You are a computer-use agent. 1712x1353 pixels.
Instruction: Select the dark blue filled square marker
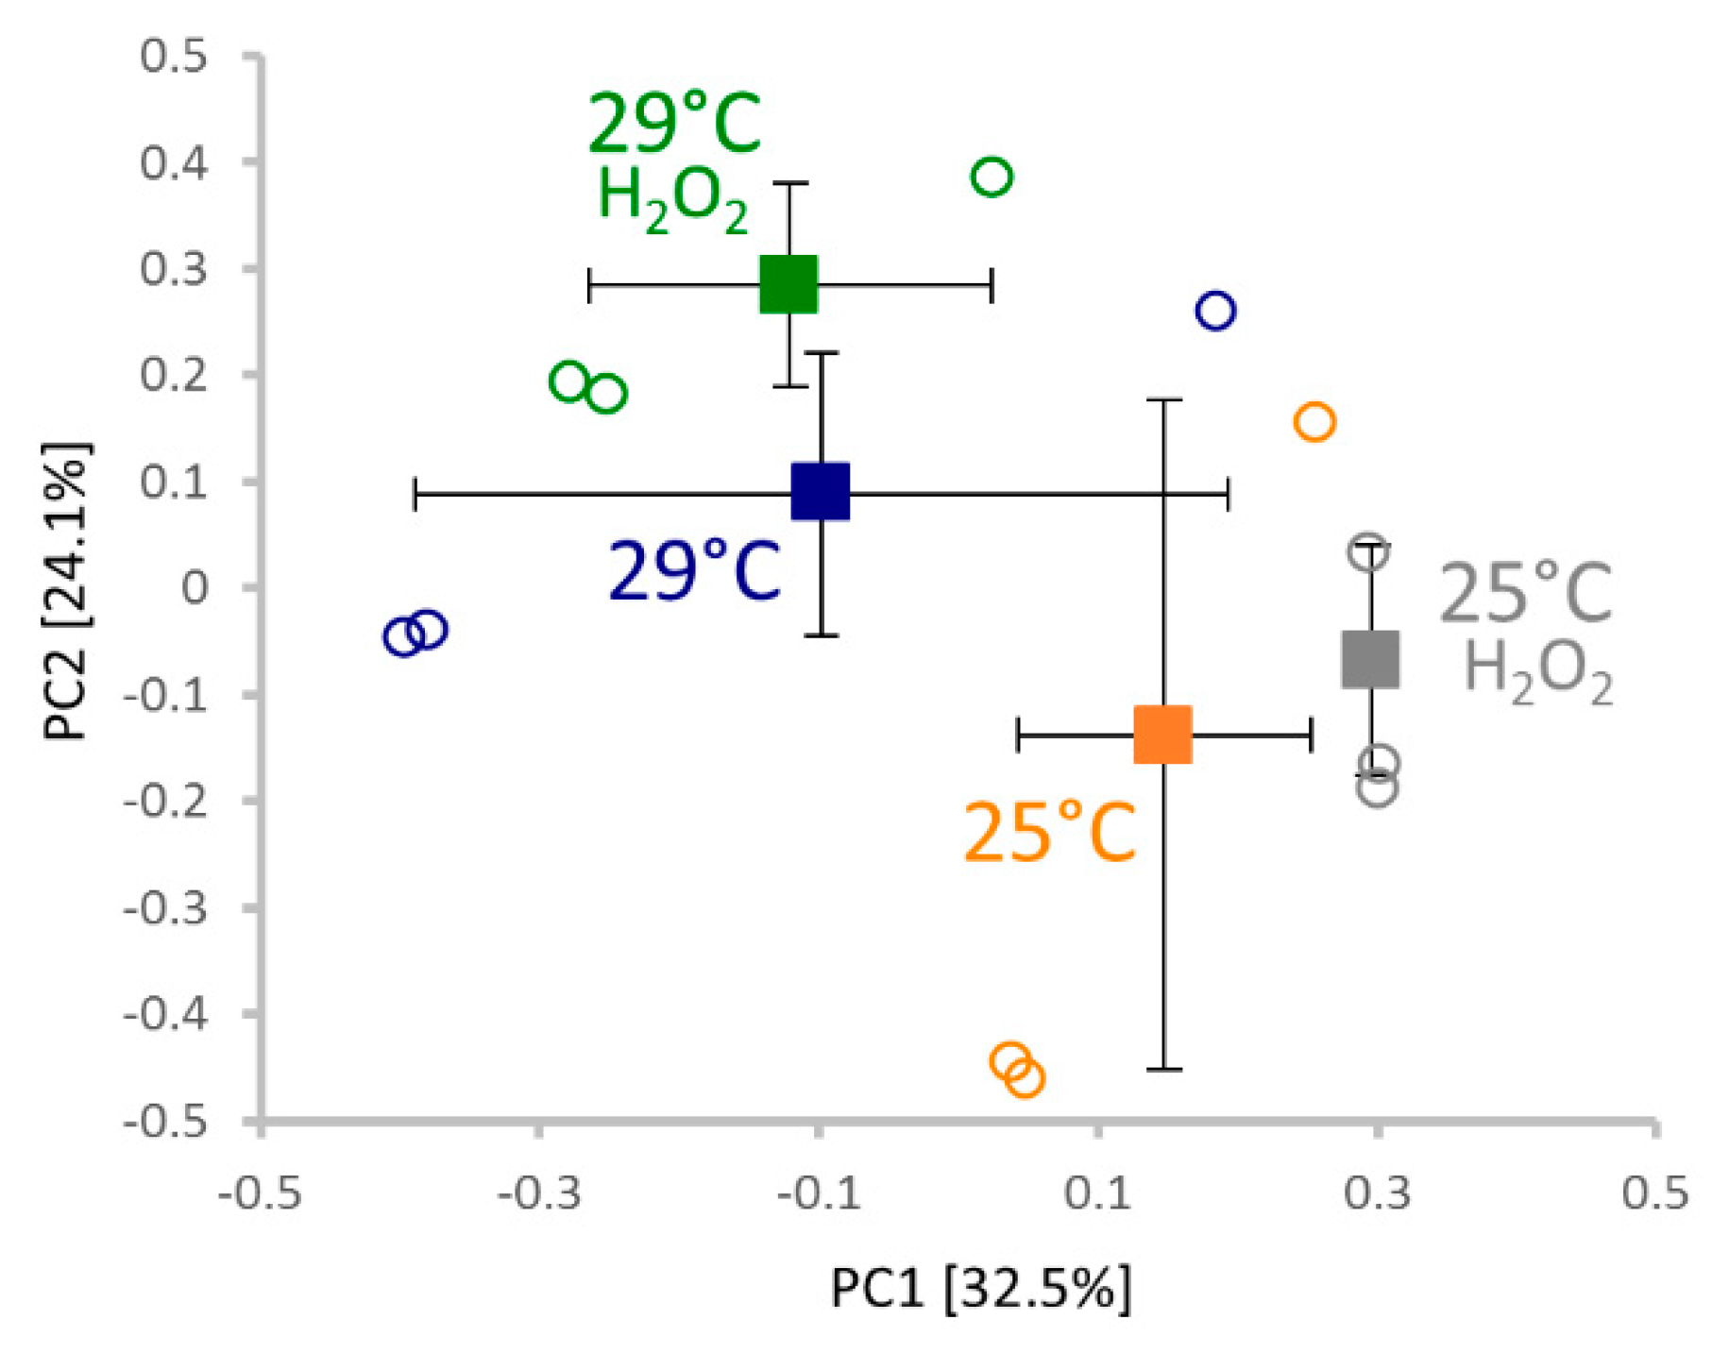(821, 491)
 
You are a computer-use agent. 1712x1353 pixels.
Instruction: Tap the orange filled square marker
(1162, 734)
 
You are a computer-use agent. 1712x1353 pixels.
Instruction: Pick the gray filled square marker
(1370, 659)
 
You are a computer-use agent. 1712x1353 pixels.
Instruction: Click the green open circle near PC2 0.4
(992, 177)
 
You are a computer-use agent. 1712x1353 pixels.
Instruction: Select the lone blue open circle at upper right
(1215, 310)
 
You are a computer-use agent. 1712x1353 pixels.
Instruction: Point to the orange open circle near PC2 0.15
(1314, 421)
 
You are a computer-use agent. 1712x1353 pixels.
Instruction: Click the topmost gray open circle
(1369, 551)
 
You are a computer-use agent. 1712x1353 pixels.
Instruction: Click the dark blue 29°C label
(694, 572)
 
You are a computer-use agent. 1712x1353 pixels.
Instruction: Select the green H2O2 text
(672, 200)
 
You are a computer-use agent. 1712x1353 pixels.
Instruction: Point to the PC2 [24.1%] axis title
(68, 590)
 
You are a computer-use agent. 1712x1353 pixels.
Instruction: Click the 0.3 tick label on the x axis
(1377, 1193)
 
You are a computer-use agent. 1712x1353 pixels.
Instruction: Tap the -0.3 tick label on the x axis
(538, 1193)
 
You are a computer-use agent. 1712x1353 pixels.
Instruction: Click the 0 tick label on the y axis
(195, 588)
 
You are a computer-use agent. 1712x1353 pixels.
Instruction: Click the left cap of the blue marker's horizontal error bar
(415, 494)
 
